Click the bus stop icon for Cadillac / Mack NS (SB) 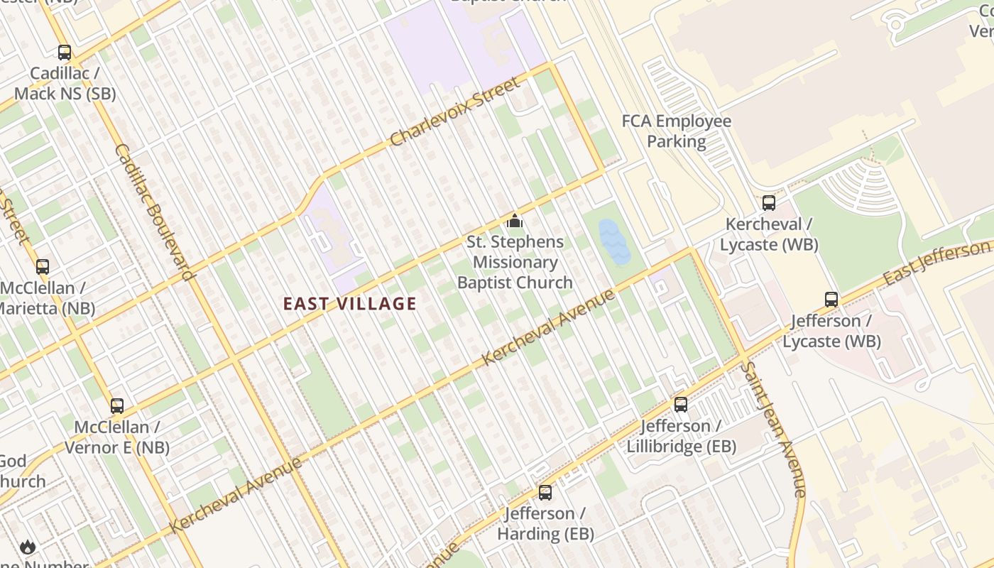point(65,53)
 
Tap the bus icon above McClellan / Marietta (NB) point(43,267)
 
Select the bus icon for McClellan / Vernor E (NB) point(117,406)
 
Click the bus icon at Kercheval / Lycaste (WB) point(769,203)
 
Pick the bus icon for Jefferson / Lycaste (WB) point(831,300)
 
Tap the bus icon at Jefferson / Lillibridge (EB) point(681,405)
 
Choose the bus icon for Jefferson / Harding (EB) point(545,492)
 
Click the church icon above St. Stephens point(515,221)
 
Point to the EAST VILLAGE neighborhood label point(350,304)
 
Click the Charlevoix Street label point(455,111)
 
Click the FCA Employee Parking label point(677,131)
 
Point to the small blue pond point(613,241)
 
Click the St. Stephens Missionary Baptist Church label point(515,262)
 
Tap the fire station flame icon point(28,546)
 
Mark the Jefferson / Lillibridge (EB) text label point(681,436)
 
